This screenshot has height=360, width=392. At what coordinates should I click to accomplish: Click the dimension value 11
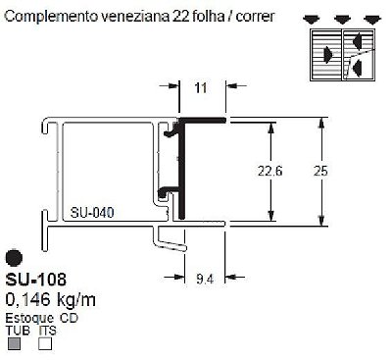click(201, 87)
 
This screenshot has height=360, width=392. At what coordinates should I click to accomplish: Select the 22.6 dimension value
click(269, 171)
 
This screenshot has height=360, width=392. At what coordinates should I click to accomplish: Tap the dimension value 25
click(320, 171)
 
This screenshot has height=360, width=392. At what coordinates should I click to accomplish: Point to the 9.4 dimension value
click(205, 279)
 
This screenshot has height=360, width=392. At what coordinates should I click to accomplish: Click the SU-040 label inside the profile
click(92, 213)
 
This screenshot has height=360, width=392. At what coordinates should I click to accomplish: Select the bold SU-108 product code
click(36, 280)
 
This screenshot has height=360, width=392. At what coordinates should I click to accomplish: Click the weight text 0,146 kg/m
click(51, 299)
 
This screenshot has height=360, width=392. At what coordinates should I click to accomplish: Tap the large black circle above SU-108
click(14, 258)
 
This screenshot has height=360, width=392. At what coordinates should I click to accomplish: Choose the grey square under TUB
click(14, 343)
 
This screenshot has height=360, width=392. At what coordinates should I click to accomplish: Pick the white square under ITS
click(45, 343)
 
